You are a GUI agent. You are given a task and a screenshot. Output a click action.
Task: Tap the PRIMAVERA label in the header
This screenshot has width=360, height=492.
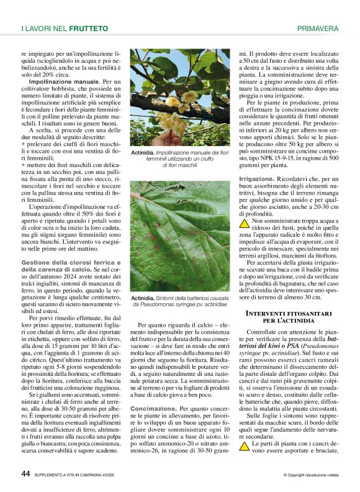pos(318,29)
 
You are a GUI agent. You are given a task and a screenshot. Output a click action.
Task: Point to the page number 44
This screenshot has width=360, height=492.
pos(25,473)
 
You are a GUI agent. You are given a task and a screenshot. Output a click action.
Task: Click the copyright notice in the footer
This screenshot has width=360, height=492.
pos(310,475)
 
